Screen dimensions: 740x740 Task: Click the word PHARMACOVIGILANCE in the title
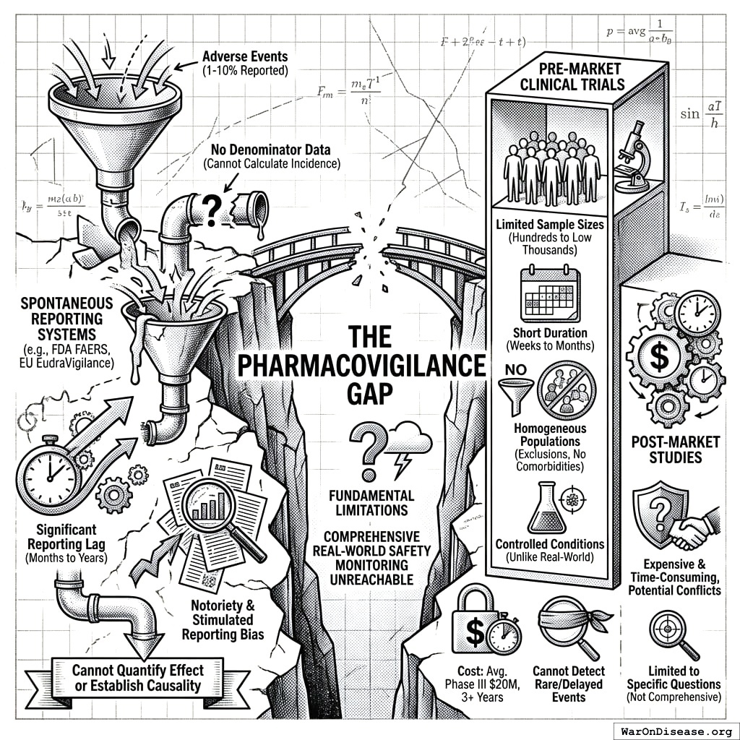(x=362, y=366)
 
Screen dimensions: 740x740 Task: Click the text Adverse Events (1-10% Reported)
(x=246, y=64)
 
